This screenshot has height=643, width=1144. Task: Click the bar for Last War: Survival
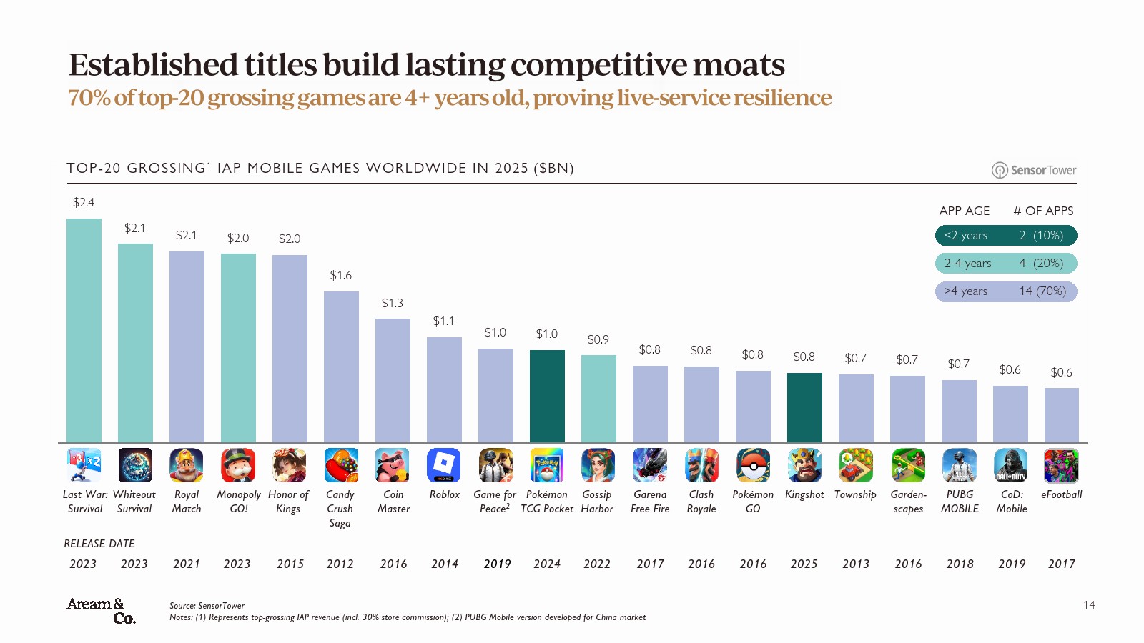click(x=84, y=330)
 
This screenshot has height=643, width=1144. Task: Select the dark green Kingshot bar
click(x=804, y=407)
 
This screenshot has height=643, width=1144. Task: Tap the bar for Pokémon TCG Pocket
click(x=547, y=396)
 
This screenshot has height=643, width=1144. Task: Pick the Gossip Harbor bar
click(x=598, y=399)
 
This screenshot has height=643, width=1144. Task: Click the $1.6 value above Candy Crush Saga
click(x=340, y=276)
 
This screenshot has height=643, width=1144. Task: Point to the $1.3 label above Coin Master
click(x=392, y=304)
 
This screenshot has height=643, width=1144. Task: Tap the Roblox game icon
click(x=444, y=465)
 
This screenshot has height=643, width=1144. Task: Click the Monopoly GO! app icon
click(x=238, y=465)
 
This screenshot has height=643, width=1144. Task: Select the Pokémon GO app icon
click(x=753, y=465)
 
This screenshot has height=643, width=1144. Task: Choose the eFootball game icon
click(x=1062, y=465)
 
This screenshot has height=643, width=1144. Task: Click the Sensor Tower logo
click(x=1034, y=170)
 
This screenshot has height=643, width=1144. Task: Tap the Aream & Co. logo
click(x=101, y=611)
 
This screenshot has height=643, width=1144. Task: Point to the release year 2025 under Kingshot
click(x=804, y=564)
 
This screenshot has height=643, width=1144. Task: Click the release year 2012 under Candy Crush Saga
click(x=340, y=564)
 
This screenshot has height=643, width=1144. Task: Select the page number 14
click(x=1089, y=605)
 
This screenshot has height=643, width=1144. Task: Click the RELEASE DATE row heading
click(x=99, y=544)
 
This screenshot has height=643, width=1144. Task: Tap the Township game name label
click(x=855, y=494)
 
